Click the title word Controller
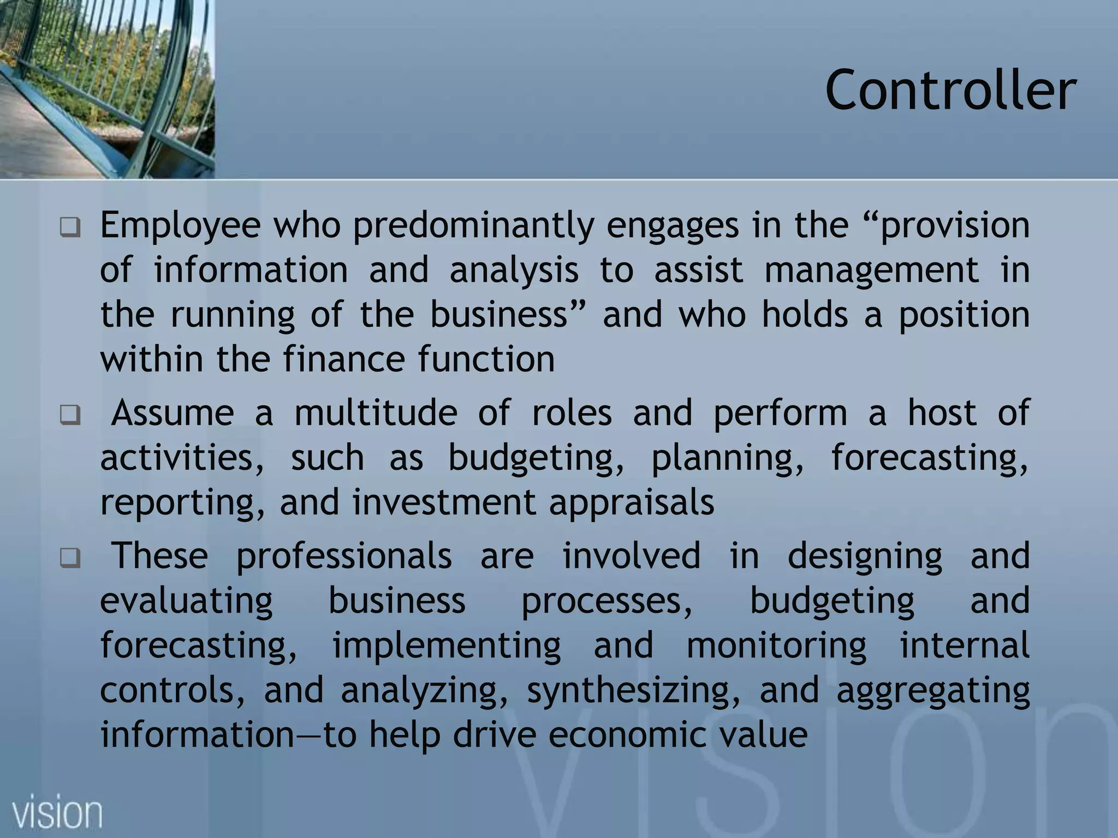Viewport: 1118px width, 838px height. point(950,90)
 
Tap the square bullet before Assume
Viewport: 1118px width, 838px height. point(70,415)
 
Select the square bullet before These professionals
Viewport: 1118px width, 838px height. point(70,558)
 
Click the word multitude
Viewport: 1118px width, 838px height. point(376,414)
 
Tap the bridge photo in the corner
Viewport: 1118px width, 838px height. point(107,89)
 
